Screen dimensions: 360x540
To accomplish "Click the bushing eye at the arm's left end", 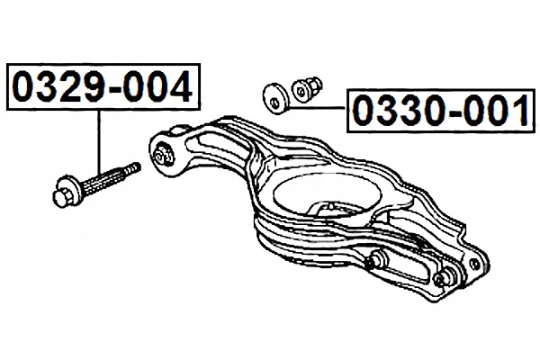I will (164, 154).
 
